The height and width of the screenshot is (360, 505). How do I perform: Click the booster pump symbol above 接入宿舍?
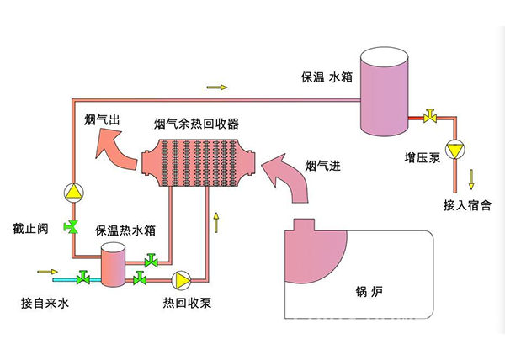pos(455,150)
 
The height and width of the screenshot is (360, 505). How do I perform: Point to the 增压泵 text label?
pos(421,156)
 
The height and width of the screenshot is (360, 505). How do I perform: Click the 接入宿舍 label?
pos(467,204)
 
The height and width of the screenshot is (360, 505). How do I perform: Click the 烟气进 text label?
pos(322,165)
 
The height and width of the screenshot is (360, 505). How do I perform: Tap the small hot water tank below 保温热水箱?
pos(112,266)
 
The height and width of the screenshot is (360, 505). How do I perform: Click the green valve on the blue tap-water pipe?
pos(84,278)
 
